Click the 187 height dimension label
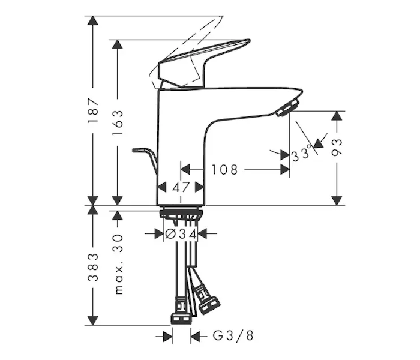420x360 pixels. [93, 110]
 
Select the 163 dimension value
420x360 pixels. [118, 122]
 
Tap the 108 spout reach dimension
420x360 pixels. [225, 170]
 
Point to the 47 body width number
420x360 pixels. [181, 187]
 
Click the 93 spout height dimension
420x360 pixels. [337, 148]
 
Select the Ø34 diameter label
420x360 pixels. [181, 234]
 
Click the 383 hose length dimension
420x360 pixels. [93, 267]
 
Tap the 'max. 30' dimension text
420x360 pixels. [118, 265]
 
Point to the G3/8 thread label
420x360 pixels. [233, 335]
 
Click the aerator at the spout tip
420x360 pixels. [288, 107]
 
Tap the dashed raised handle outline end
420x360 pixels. [222, 17]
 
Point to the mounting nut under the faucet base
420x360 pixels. [181, 214]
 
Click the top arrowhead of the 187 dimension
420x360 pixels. [93, 21]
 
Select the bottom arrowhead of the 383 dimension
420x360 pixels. [93, 320]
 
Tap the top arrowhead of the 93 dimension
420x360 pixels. [337, 116]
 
